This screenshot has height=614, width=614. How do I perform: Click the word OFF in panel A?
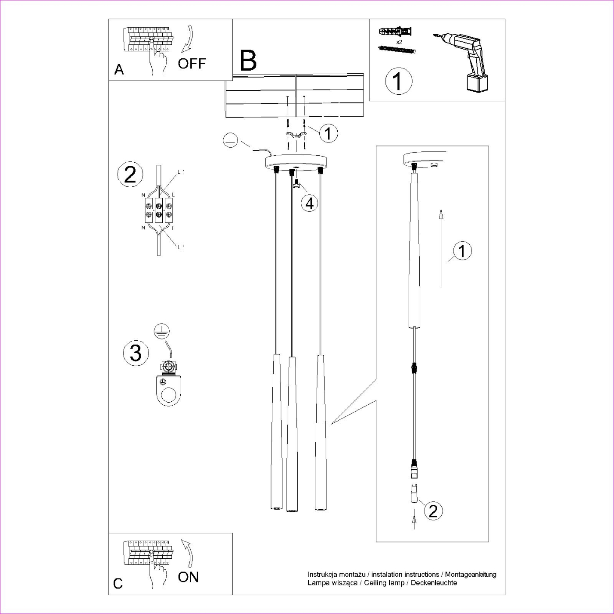192,64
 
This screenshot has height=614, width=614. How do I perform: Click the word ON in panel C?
188,577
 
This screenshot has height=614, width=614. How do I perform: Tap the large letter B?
248,61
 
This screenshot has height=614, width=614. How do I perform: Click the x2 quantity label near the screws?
399,42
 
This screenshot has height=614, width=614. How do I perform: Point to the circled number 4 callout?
310,203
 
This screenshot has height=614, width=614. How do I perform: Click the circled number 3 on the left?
136,353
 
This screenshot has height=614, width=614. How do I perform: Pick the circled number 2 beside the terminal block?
130,175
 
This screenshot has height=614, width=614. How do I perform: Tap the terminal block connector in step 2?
158,209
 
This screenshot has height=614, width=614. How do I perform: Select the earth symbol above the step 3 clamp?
162,332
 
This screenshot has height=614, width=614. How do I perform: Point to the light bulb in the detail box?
413,495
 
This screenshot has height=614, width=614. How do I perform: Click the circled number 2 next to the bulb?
433,510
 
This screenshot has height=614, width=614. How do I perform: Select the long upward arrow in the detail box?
441,248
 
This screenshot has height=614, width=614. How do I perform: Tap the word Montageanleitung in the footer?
471,574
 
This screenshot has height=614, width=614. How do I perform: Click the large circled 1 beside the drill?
399,81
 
